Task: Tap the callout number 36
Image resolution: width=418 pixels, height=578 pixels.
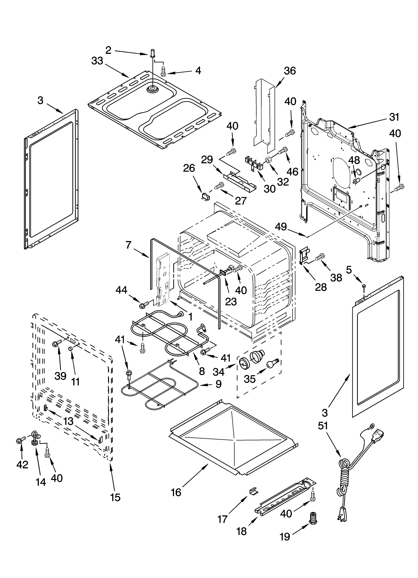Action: (x=290, y=71)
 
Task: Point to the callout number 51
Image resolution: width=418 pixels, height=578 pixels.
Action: (x=323, y=426)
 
